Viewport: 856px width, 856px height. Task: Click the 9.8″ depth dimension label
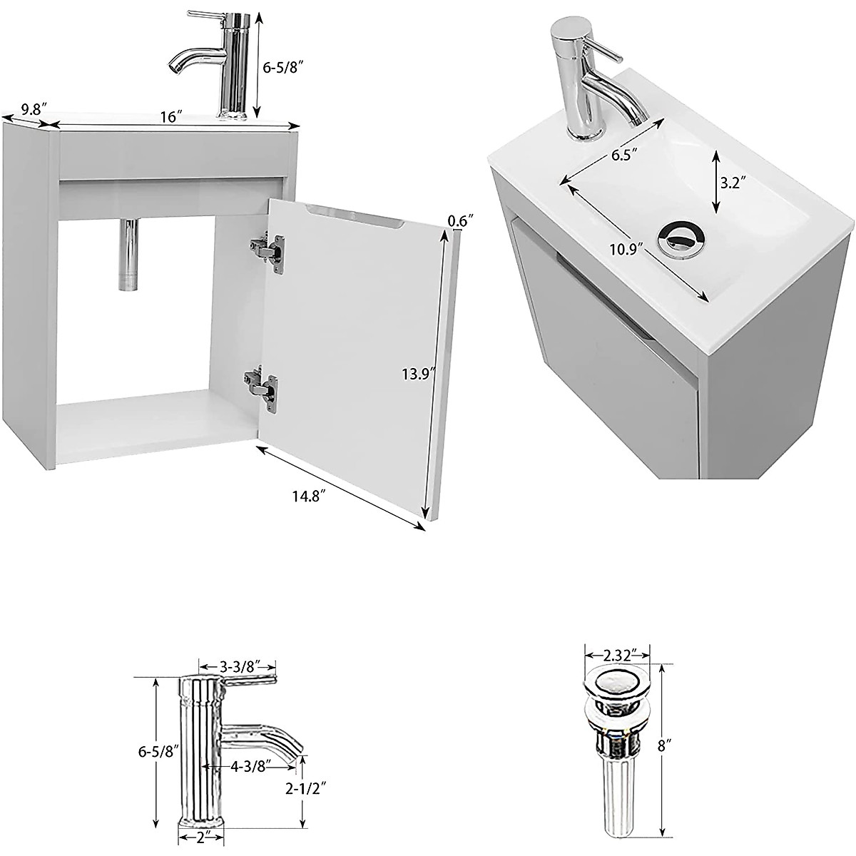34,109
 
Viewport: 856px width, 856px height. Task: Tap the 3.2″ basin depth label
733,182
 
